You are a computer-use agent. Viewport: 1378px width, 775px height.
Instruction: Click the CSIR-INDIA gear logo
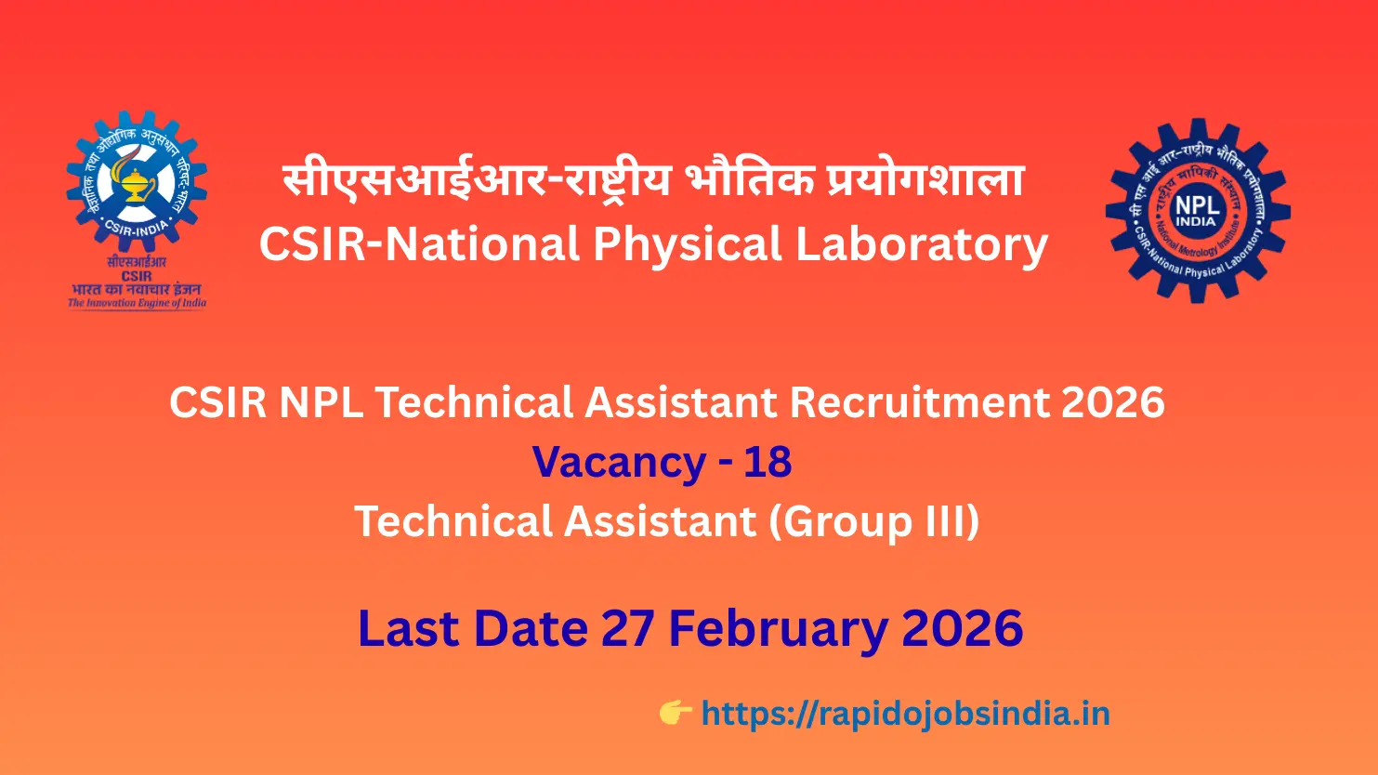[137, 182]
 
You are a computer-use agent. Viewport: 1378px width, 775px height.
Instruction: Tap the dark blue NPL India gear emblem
[1197, 210]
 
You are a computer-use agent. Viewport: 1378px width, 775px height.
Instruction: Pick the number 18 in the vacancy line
[768, 462]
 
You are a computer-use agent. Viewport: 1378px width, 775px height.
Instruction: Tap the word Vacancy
[619, 462]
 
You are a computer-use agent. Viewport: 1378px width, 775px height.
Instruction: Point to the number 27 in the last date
[629, 629]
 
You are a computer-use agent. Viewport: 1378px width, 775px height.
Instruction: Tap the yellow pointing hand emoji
[676, 714]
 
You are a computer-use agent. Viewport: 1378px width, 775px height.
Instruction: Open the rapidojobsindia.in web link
[905, 714]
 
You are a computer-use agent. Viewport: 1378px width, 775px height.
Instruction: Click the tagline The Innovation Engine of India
[137, 303]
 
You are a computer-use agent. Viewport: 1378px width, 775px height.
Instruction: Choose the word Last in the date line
[405, 629]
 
